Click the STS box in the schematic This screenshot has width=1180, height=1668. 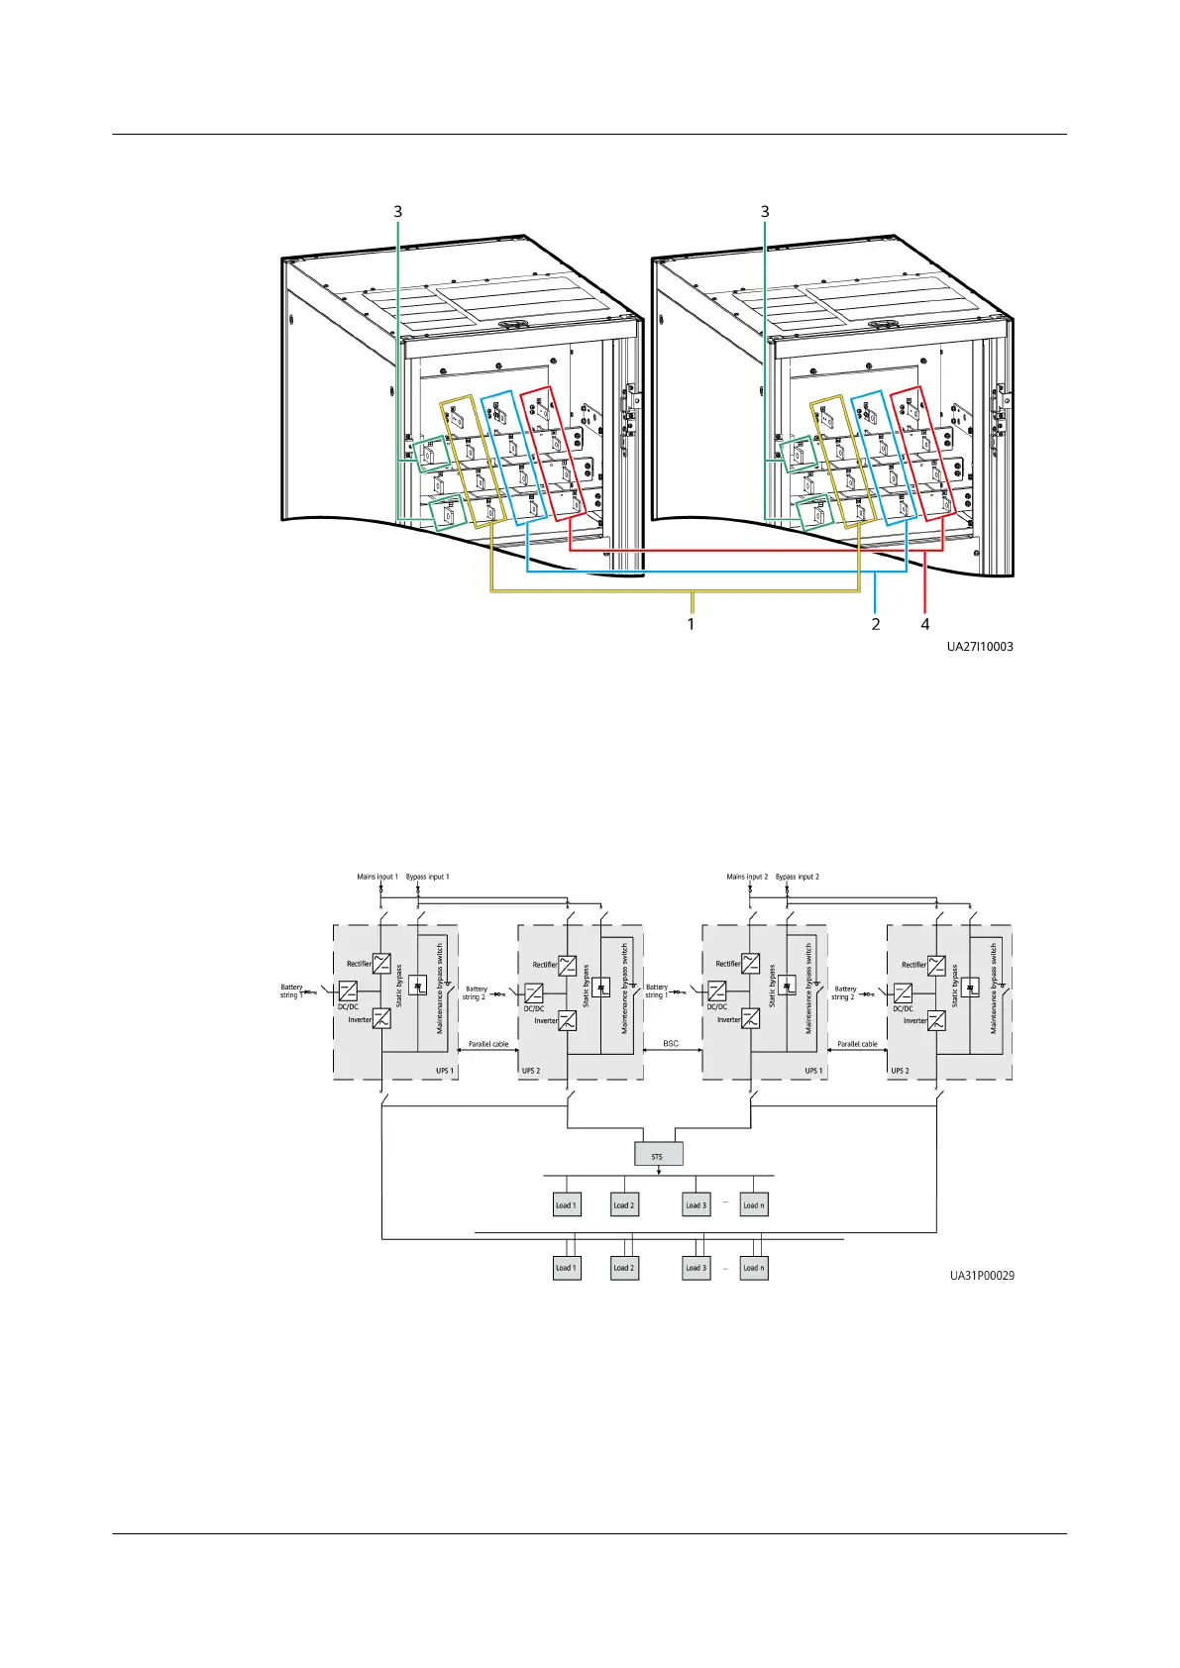click(658, 1155)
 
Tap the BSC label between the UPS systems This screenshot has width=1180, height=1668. click(671, 1043)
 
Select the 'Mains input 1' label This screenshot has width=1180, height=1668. click(377, 877)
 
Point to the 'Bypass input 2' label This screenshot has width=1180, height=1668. click(797, 877)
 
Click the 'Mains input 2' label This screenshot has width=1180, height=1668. click(747, 877)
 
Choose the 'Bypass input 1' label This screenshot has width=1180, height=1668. click(427, 877)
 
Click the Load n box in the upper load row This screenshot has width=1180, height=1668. click(753, 1204)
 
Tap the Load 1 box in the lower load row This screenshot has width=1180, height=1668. click(565, 1267)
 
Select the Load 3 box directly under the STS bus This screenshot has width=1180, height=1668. click(697, 1204)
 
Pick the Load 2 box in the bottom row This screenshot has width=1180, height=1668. click(623, 1267)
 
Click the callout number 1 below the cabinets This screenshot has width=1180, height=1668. click(691, 624)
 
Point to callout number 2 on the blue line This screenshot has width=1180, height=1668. click(876, 624)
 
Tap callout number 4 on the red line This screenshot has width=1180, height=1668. click(924, 624)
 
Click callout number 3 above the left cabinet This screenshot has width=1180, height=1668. click(398, 211)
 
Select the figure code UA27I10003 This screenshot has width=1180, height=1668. click(979, 647)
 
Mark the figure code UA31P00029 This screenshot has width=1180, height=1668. click(981, 1275)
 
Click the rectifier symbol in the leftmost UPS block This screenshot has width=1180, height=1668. click(381, 962)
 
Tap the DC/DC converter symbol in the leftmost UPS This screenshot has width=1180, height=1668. click(348, 990)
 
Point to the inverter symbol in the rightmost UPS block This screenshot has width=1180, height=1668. click(936, 1019)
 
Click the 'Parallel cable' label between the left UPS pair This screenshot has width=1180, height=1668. click(488, 1044)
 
